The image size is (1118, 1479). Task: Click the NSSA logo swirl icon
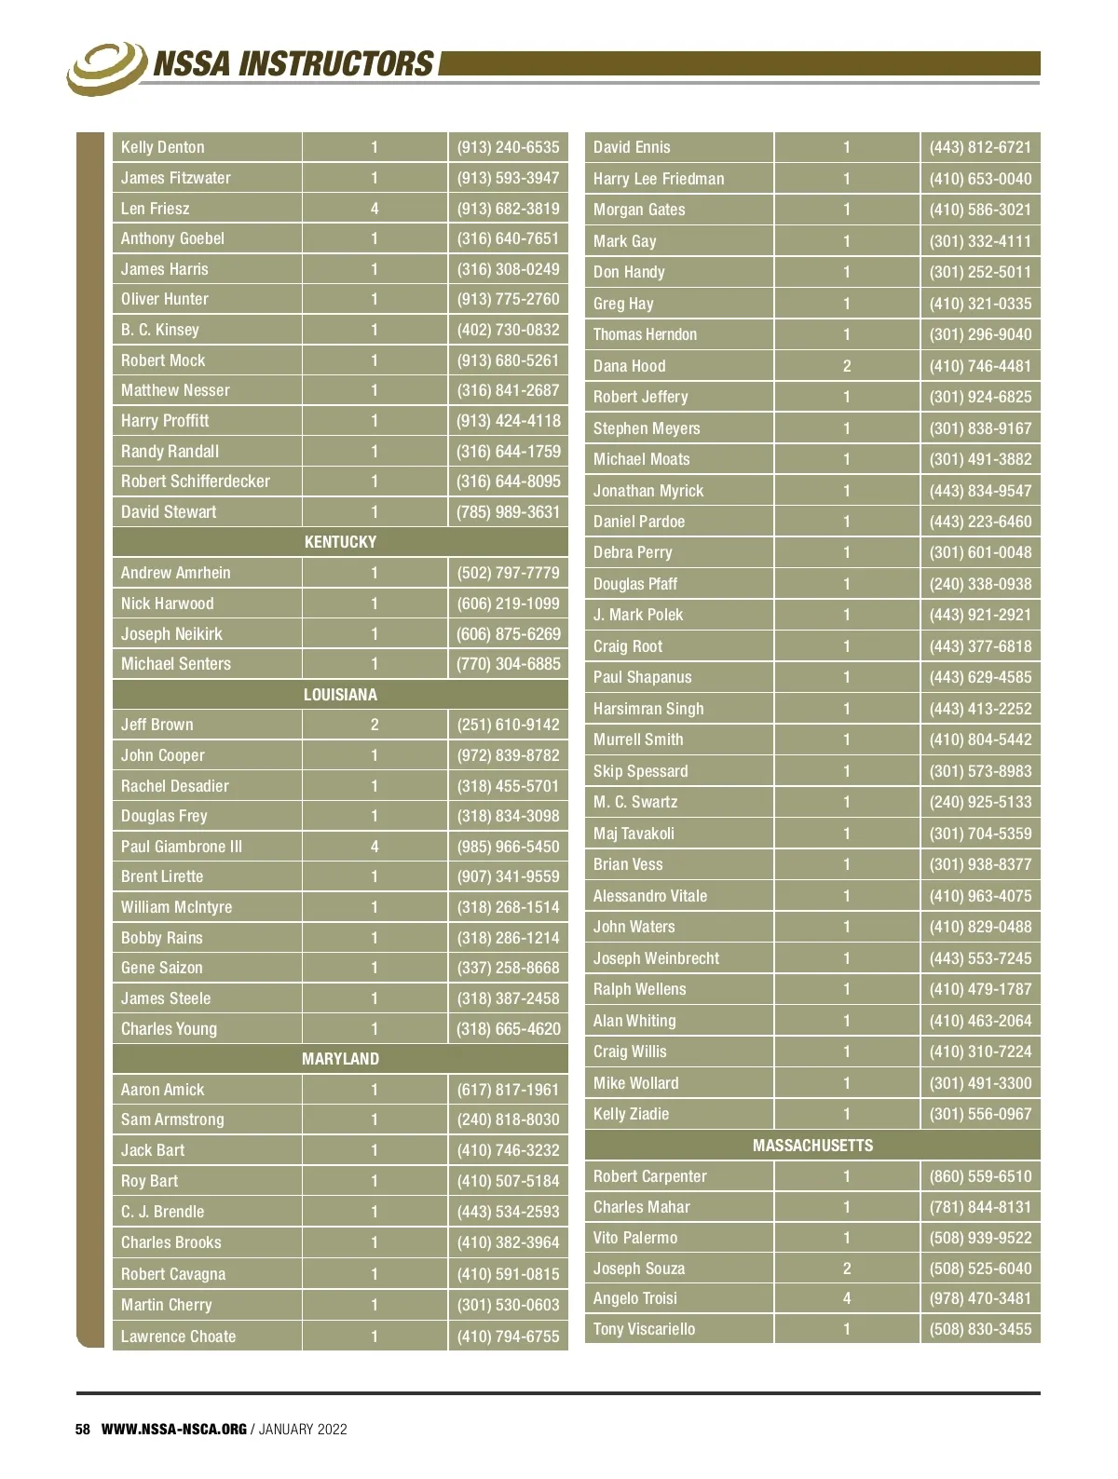coord(105,67)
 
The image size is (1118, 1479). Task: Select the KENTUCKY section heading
coord(340,542)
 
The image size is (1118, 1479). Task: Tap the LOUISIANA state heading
coord(340,695)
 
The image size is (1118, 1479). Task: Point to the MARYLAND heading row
coord(340,1059)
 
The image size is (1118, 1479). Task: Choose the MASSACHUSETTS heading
coord(812,1146)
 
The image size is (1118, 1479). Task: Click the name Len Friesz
coord(155,209)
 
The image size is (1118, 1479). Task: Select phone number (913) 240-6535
coord(508,147)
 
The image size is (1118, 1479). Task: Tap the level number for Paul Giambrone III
coord(375,847)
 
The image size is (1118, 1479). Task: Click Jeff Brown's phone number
coord(508,725)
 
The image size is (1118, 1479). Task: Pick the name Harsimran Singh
coord(648,709)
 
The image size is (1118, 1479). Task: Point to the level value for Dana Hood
coord(847,366)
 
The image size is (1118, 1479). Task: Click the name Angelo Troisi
coord(635,1298)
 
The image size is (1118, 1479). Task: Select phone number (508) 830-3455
coord(980,1329)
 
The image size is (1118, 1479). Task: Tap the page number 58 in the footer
coord(83,1430)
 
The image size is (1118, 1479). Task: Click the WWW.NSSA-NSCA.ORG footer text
coord(174,1430)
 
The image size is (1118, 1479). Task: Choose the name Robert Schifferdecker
coord(196,482)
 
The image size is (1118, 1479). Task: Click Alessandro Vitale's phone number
coord(980,896)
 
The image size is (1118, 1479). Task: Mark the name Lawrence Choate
coord(178,1337)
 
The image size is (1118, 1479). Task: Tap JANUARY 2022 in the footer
coord(303,1430)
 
